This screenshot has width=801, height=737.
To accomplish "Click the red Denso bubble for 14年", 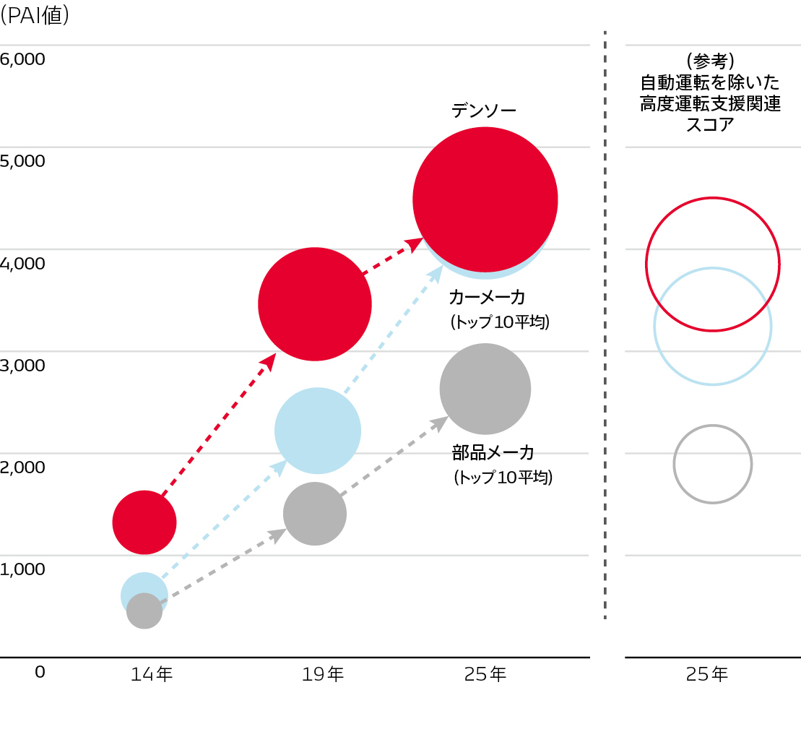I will tap(144, 522).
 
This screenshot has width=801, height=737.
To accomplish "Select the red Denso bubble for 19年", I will tap(315, 304).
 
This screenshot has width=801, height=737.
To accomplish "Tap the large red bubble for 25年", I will tap(485, 199).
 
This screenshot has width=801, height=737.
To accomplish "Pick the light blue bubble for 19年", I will tap(318, 431).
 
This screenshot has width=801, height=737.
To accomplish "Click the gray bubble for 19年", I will tap(315, 514).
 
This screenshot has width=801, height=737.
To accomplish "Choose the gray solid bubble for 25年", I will tap(485, 389).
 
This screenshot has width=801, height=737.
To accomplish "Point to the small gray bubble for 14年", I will tap(144, 611).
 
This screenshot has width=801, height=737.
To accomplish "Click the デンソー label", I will tap(484, 111).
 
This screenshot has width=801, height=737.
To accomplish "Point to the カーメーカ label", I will tap(487, 297).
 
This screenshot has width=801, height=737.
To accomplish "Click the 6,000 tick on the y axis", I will tap(22, 59).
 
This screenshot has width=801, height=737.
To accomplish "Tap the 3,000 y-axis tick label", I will tap(22, 365).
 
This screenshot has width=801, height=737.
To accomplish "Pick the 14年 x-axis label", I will tap(152, 674).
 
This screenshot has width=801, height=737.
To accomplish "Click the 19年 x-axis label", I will tap(323, 674).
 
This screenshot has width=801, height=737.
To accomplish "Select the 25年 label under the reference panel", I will tap(707, 674).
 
